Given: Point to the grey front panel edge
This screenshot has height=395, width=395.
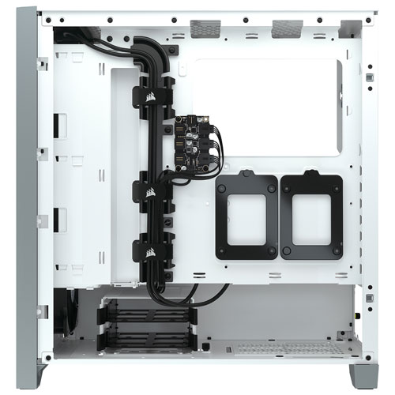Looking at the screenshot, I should (x=23, y=197).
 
